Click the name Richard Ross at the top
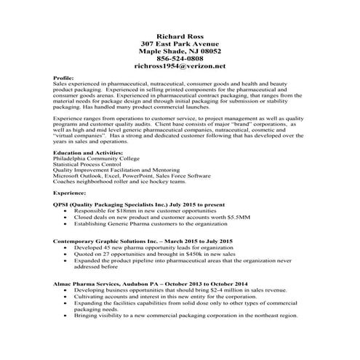coord(180,35)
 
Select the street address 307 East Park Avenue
coord(180,44)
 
